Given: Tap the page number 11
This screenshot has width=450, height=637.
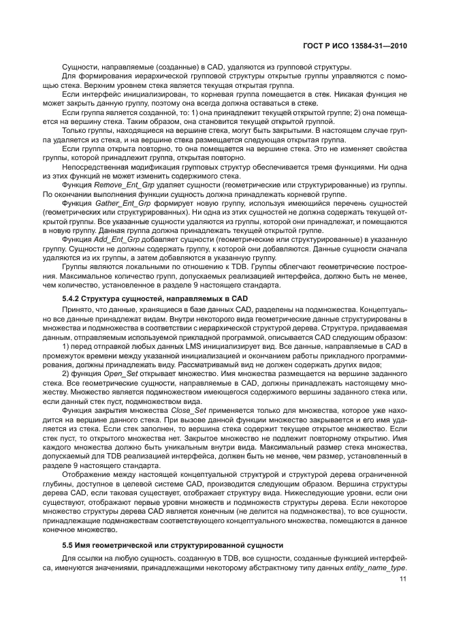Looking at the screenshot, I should [x=402, y=579].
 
